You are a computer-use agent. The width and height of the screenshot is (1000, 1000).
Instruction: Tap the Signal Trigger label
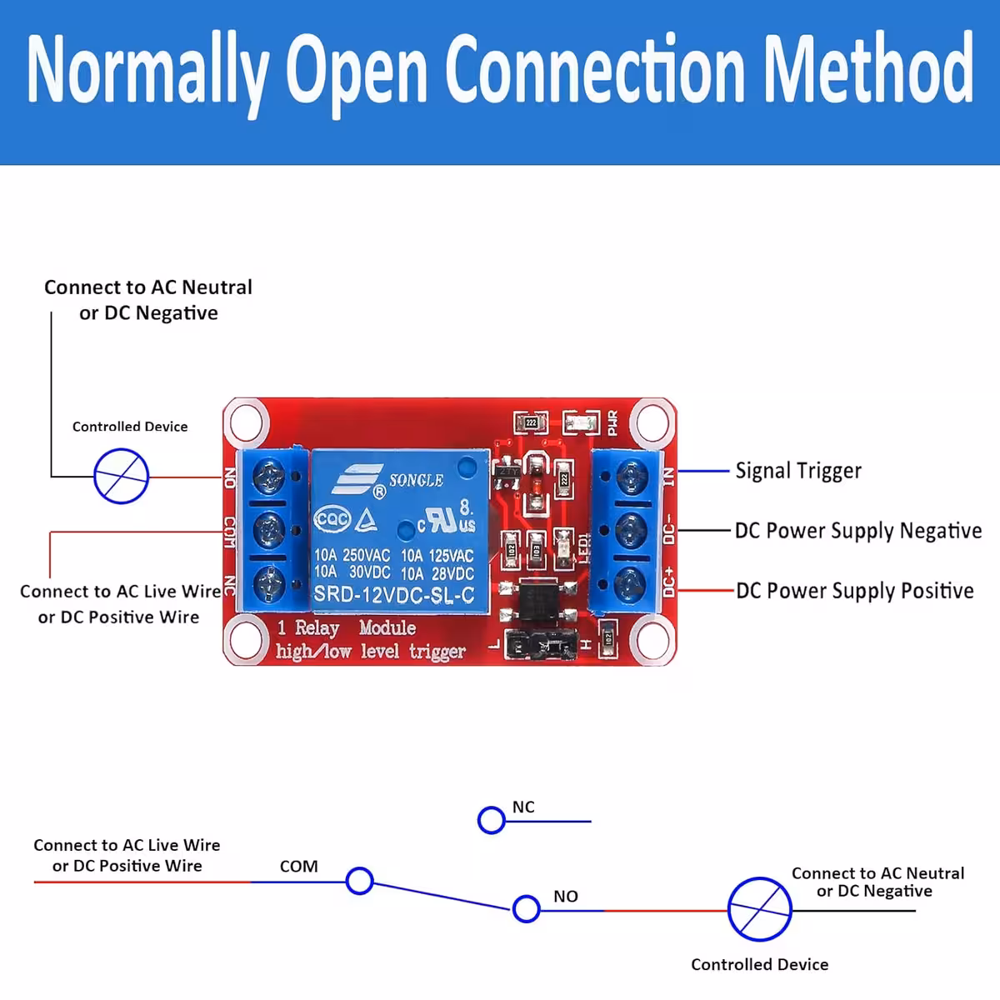point(797,471)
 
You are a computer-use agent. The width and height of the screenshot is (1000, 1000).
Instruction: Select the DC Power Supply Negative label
point(857,531)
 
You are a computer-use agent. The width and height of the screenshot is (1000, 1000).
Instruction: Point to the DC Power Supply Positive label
point(854,591)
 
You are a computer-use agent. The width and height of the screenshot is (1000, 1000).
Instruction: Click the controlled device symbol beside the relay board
point(122,477)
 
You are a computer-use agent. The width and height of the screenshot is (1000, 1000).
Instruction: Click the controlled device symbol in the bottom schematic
point(760,909)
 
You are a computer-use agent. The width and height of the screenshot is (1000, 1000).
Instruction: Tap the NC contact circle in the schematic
point(492,820)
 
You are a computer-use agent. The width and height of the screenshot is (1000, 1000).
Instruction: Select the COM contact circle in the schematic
point(360,881)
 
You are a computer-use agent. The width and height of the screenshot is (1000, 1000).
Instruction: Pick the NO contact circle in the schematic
point(527,908)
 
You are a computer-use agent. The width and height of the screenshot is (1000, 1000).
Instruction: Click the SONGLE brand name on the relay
point(416,480)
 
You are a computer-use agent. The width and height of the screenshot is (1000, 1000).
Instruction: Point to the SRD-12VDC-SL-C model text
point(393,595)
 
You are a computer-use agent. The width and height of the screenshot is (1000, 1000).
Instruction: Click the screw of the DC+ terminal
point(631,583)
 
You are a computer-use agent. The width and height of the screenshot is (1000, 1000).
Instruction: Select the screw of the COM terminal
point(268,528)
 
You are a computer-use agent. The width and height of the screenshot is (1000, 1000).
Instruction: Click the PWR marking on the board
point(612,422)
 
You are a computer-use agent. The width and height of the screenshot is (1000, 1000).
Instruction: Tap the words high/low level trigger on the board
point(370,652)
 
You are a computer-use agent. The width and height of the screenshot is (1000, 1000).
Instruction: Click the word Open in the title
point(356,70)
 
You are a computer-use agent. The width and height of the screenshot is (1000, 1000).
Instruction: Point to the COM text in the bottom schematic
point(298,867)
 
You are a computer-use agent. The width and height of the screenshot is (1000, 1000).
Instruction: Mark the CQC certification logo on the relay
point(331,519)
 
